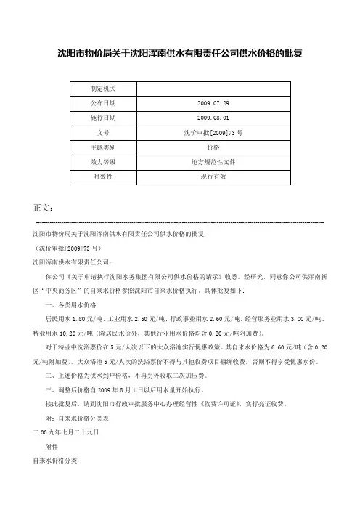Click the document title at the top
(179, 53)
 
